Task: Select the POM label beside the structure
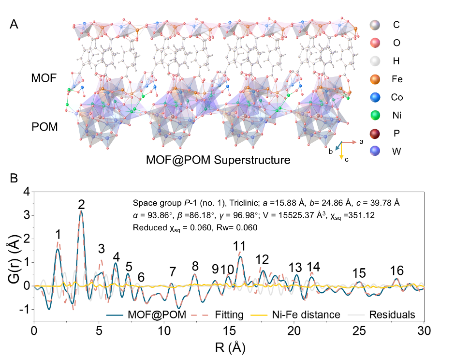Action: click(45, 127)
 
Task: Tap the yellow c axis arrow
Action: click(341, 151)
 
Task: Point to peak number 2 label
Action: click(82, 204)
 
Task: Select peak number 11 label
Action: click(239, 246)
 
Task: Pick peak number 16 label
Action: click(397, 270)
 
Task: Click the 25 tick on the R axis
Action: click(359, 331)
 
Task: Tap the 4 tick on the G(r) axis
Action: click(26, 192)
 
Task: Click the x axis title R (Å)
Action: click(228, 347)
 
